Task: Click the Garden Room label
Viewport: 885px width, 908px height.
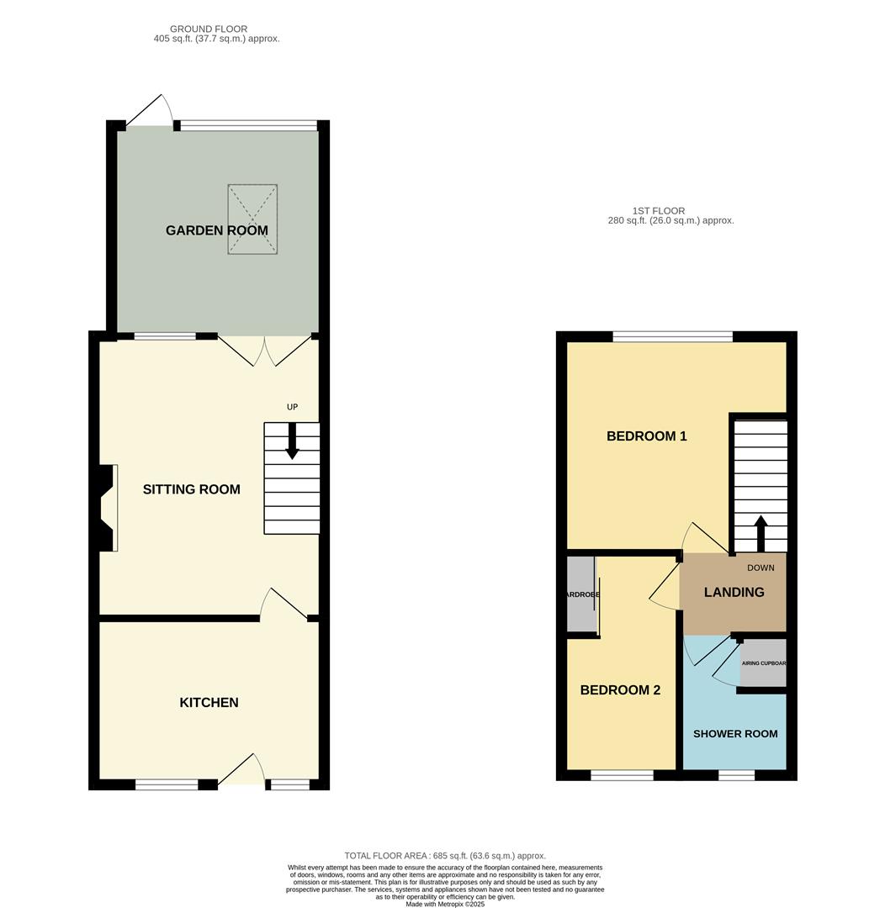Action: tap(217, 230)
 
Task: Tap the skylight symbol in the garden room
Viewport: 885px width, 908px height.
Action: tap(252, 219)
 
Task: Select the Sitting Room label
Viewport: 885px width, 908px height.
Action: tap(191, 489)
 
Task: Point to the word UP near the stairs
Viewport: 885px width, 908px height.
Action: tap(292, 407)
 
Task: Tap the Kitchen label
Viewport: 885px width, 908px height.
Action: tap(209, 702)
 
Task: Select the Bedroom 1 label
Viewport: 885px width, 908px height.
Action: tap(646, 436)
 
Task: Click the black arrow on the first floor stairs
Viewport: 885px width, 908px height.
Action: tap(760, 534)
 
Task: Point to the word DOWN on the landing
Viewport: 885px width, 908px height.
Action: tap(760, 568)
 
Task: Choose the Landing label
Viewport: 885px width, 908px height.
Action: tap(734, 593)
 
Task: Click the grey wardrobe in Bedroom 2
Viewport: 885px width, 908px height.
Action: tap(580, 594)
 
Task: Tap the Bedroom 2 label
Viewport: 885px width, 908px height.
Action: tap(620, 690)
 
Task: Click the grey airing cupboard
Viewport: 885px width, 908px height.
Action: tap(763, 663)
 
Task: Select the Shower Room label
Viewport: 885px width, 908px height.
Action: tap(735, 734)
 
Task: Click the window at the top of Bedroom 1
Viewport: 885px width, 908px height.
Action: tap(673, 336)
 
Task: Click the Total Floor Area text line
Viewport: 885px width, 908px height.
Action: tap(445, 856)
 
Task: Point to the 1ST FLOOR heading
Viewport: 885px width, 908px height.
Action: tap(659, 211)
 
